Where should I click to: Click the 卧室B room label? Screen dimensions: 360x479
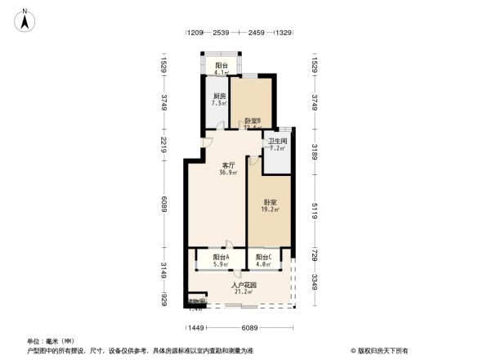[x=252, y=120]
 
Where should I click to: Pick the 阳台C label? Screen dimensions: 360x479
[x=262, y=257]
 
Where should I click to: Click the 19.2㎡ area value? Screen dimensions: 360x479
[x=271, y=209]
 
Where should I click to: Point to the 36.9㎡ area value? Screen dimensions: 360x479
[x=228, y=173]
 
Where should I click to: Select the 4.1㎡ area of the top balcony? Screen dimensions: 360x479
[x=222, y=72]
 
